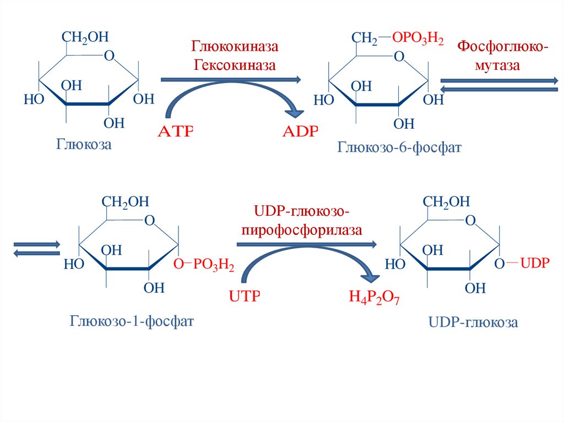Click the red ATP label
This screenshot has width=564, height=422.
click(x=176, y=131)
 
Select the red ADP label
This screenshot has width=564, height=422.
click(x=300, y=131)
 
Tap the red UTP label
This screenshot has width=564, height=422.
click(x=245, y=296)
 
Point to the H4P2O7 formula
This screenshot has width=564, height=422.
click(x=374, y=298)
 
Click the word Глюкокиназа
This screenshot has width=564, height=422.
click(x=235, y=46)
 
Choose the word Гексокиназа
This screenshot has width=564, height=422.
click(x=235, y=65)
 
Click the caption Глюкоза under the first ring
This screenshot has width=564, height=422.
click(x=84, y=145)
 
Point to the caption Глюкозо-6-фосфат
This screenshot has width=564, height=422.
click(x=399, y=147)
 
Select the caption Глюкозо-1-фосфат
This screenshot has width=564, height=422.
click(x=132, y=321)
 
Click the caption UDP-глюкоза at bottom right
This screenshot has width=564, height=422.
click(x=473, y=322)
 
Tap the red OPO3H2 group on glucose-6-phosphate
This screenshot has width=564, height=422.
click(x=417, y=38)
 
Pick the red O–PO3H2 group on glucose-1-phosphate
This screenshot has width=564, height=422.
click(x=204, y=265)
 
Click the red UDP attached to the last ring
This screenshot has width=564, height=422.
click(x=535, y=263)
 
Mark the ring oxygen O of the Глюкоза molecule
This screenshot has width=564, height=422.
click(x=109, y=56)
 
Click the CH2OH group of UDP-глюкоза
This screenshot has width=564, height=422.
click(x=446, y=202)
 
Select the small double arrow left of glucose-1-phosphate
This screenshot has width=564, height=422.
click(x=37, y=249)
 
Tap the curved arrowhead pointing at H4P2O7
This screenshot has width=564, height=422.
click(x=371, y=277)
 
